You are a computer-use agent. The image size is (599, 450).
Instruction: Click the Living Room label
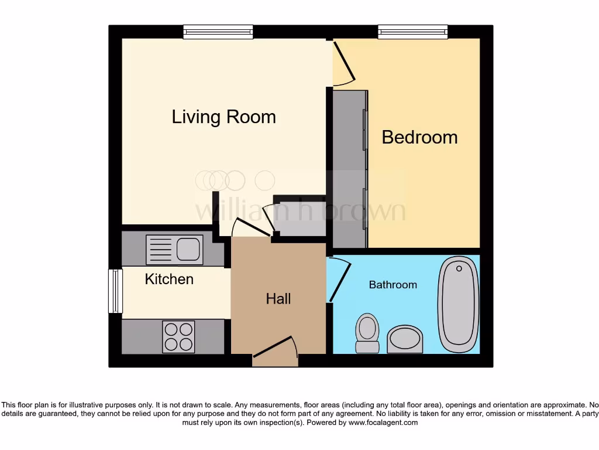[223, 117]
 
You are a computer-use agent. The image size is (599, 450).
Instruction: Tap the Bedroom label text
[419, 137]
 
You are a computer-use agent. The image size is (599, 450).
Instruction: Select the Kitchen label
[169, 279]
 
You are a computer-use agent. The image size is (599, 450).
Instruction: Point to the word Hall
[278, 299]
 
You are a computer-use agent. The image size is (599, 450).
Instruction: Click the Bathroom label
[393, 285]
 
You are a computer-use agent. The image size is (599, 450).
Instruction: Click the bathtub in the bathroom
[459, 305]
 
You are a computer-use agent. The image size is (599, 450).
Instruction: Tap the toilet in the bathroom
[367, 332]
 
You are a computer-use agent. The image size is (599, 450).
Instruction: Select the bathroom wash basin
[405, 339]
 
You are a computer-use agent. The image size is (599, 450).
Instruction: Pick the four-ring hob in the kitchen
[178, 337]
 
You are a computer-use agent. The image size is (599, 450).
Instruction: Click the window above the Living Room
[218, 32]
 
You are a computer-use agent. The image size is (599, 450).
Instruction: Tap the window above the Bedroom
[412, 32]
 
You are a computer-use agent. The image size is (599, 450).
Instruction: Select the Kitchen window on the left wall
[116, 291]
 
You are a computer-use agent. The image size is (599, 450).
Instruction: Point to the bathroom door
[339, 280]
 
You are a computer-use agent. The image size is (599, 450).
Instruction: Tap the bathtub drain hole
[459, 269]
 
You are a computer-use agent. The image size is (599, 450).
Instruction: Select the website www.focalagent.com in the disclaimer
[384, 422]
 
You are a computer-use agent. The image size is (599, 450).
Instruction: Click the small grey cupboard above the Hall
[299, 218]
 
